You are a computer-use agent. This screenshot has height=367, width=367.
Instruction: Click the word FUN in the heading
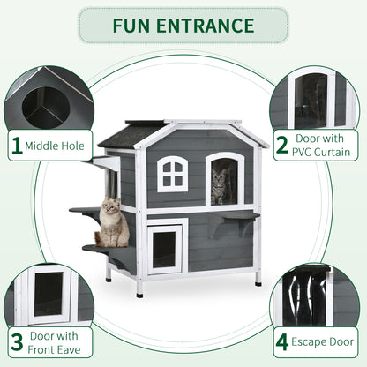[136, 26]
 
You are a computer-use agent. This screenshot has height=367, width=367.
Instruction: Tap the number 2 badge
[281, 145]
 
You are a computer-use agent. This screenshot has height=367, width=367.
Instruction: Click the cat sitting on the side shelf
[112, 224]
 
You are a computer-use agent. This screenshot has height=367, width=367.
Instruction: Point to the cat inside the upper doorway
[220, 186]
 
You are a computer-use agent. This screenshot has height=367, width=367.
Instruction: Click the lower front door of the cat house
[165, 247]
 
